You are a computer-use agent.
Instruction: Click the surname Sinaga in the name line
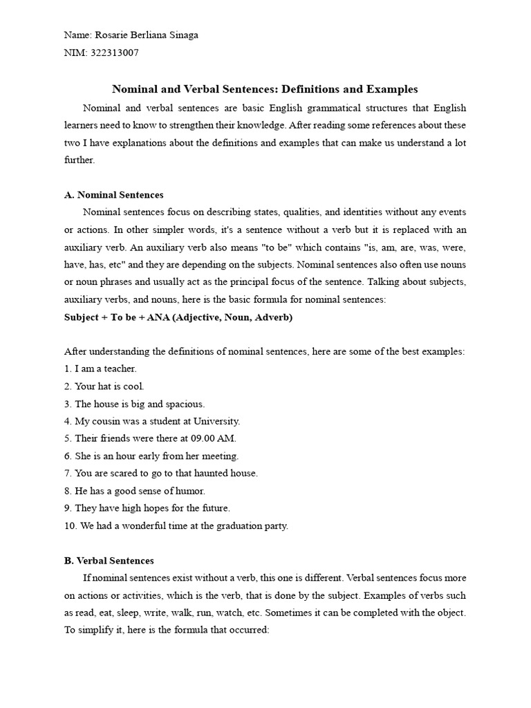183,35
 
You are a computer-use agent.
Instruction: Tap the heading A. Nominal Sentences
113,195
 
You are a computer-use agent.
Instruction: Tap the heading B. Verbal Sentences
109,561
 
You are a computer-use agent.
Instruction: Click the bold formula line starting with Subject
178,317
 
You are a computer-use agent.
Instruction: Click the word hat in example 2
103,386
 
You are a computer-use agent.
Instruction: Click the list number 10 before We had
69,525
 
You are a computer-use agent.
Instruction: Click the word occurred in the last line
246,631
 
